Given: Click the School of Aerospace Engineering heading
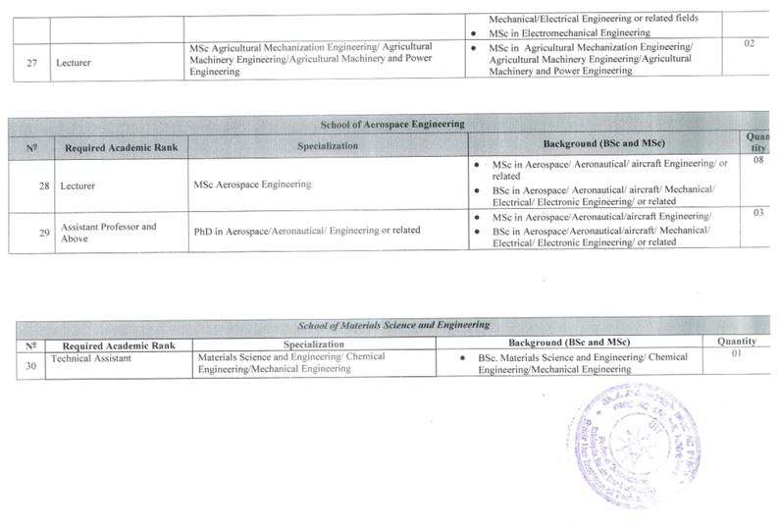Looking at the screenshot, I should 392,125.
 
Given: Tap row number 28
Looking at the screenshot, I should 43,185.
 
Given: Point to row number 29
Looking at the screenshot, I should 43,232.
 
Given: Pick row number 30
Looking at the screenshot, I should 31,363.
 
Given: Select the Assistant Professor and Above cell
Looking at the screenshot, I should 109,233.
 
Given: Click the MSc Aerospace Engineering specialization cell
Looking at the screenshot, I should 253,184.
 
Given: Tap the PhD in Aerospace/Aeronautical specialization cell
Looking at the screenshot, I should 307,230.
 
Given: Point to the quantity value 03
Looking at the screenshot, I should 757,212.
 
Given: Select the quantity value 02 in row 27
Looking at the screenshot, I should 750,43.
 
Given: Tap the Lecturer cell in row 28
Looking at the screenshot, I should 81,185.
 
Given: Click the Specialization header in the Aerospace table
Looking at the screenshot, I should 327,146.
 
